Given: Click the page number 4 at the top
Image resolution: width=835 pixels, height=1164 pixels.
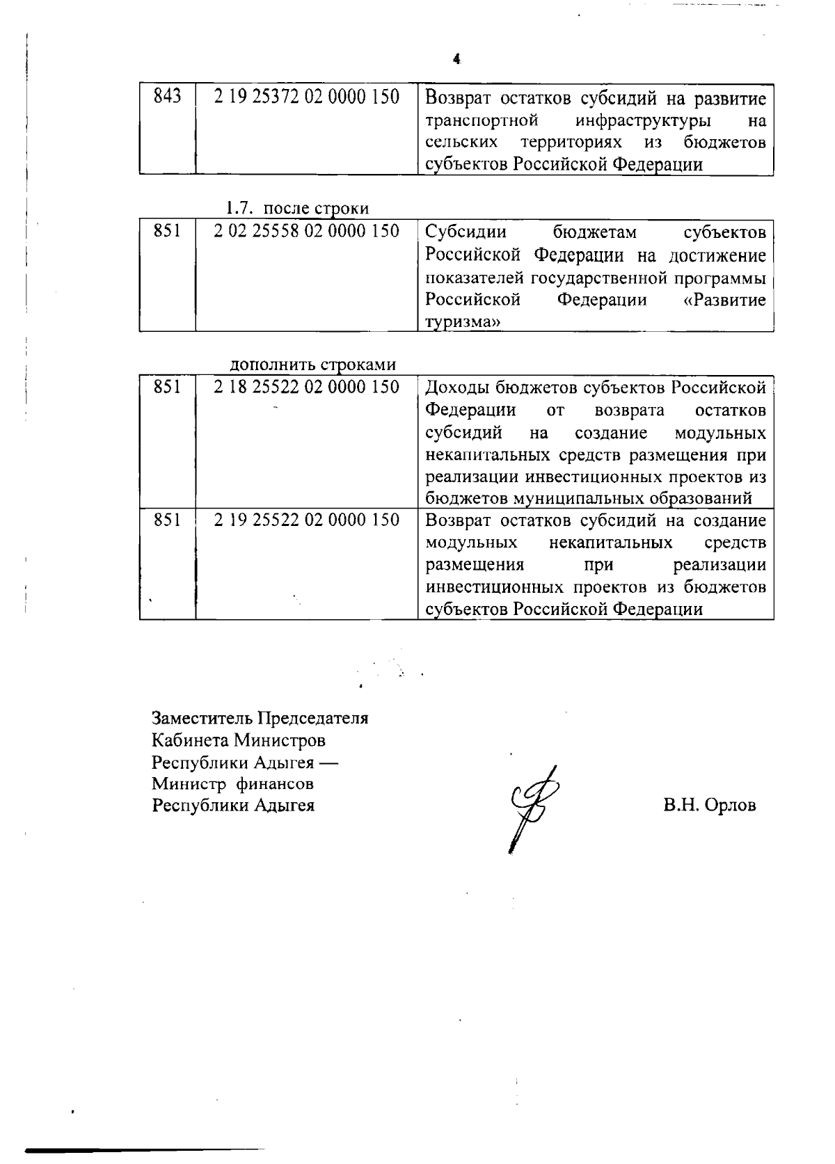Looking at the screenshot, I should tap(456, 59).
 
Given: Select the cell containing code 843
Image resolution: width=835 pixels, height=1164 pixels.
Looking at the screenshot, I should tap(167, 97).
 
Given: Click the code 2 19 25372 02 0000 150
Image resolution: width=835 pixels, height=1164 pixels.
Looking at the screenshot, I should tap(306, 97).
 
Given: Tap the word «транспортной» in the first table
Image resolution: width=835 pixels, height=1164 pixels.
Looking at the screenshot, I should tap(482, 120).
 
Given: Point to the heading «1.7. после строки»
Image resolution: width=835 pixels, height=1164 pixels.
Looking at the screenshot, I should tap(297, 208).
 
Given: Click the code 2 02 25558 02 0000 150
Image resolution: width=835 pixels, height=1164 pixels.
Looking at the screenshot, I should tap(306, 231).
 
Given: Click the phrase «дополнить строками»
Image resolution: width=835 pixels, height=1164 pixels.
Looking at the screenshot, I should tap(312, 365).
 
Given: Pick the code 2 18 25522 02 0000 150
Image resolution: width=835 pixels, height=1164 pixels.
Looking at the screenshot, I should tap(306, 388).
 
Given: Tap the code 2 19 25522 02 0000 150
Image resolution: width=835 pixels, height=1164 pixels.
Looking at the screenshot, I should tap(306, 520).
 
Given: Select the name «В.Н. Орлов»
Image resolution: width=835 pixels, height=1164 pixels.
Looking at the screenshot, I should tap(709, 806).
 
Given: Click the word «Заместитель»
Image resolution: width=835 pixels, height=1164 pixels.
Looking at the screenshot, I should tap(202, 718).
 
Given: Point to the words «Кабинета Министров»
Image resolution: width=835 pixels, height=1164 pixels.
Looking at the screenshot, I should tap(239, 740).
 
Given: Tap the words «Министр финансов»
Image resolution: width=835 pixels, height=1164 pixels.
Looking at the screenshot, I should tap(233, 784).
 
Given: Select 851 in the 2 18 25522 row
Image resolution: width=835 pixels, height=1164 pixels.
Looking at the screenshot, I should tap(167, 388).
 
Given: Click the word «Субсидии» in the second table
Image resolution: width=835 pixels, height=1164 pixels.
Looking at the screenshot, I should tap(466, 231).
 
